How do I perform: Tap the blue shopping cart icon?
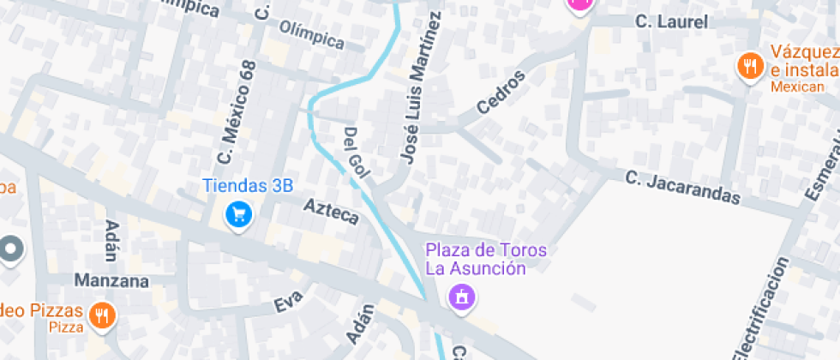pyautogui.click(x=238, y=214)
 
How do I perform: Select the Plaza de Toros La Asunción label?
pyautogui.click(x=487, y=260)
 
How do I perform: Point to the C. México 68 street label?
pyautogui.click(x=237, y=112)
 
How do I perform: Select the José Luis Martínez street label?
pyautogui.click(x=422, y=88)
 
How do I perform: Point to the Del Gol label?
pyautogui.click(x=356, y=153)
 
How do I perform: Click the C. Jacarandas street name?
pyautogui.click(x=682, y=188)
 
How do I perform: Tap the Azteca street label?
pyautogui.click(x=332, y=211)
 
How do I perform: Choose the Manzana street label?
pyautogui.click(x=111, y=280)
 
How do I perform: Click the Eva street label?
pyautogui.click(x=289, y=304)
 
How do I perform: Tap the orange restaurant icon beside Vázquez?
pyautogui.click(x=751, y=66)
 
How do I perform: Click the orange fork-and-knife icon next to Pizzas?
pyautogui.click(x=102, y=314)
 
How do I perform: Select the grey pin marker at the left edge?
pyautogui.click(x=10, y=249)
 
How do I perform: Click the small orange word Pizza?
pyautogui.click(x=66, y=327)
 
